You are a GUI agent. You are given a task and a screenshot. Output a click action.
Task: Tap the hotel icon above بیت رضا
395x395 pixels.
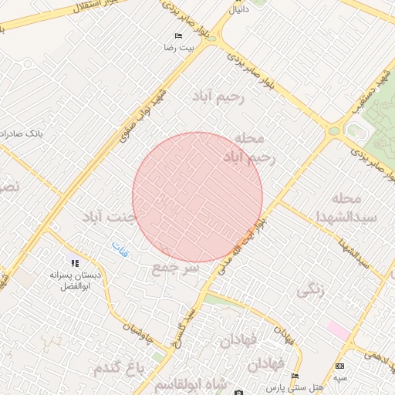pos(179,35)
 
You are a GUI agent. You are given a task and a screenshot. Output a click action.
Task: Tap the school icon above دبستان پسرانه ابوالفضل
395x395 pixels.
pos(74,263)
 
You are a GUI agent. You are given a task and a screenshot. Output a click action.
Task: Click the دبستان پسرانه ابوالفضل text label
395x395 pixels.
pos(74,280)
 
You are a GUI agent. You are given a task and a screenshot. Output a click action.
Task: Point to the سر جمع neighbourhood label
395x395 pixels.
pos(175,268)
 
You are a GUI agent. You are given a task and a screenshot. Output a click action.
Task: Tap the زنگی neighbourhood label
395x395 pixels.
pos(311,290)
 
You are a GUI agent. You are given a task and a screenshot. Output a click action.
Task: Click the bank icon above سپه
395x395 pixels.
pos(340,365)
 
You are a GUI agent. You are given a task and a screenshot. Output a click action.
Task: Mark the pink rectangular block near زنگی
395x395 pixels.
pos(338,329)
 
